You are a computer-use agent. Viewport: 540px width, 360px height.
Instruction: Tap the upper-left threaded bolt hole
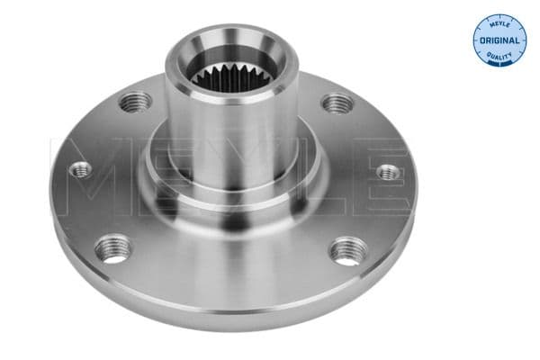[x=136, y=102]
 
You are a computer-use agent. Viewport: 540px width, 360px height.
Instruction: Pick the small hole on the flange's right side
[x=387, y=171]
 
